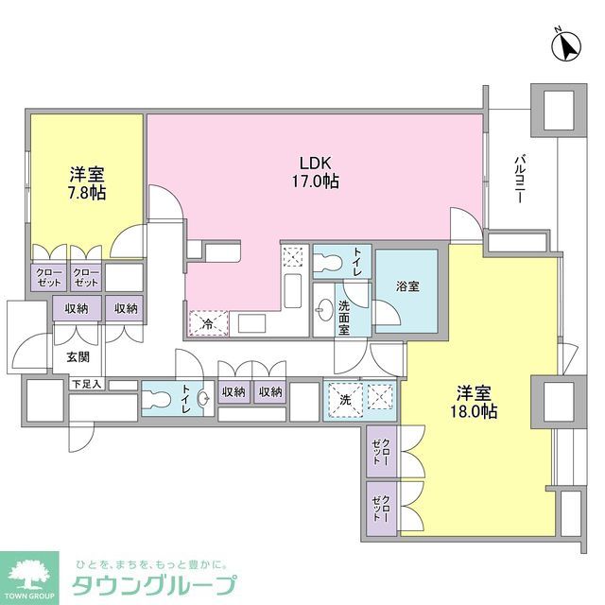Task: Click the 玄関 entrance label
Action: click(78, 358)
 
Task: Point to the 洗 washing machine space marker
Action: click(343, 399)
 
